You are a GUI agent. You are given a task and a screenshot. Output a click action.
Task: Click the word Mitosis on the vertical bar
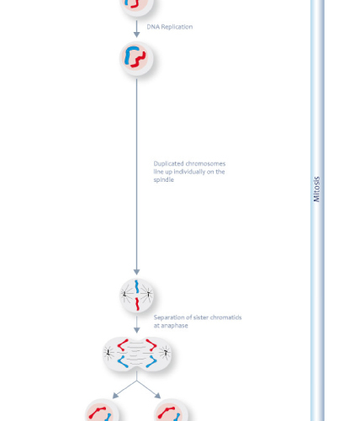pos(316,189)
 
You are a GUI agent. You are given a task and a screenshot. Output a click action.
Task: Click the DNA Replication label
pos(170,27)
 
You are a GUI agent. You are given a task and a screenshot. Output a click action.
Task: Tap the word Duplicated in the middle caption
pos(168,163)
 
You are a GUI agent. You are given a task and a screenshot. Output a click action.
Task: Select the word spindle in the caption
pos(164,180)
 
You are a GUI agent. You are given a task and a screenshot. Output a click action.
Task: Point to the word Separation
pos(169,317)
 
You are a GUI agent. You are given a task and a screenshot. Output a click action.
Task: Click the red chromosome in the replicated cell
pos(139,60)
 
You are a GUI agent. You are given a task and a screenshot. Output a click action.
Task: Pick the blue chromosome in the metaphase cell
pos(137,286)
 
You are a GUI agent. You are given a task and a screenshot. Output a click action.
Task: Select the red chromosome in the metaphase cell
pos(137,304)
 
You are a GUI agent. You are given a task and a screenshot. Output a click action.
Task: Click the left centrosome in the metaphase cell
pos(124,294)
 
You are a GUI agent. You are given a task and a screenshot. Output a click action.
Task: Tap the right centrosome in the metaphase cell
pos(148,294)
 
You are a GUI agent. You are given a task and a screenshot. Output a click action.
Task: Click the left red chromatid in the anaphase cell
pos(123,345)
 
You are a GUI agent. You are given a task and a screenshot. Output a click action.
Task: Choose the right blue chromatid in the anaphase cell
pos(151,361)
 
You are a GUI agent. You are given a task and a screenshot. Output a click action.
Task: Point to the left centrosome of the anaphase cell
pos(109,353)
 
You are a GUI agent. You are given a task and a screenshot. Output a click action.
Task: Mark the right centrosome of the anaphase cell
pos(166,353)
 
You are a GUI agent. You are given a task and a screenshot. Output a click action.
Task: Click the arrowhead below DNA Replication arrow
pos(136,35)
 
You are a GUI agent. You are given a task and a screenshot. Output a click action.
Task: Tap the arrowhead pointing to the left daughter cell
pos(115,396)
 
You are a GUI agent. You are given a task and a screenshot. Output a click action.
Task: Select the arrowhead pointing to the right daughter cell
pos(158,396)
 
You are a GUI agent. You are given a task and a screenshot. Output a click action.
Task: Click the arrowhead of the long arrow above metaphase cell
pos(136,272)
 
